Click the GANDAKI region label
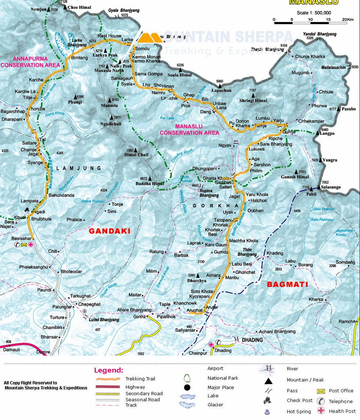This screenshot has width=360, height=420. pos(109,231)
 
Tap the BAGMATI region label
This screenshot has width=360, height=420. pos(287,284)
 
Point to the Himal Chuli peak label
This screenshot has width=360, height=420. pos(136,155)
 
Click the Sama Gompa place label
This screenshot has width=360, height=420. pos(145,74)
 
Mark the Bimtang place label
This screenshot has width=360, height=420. pos(80,58)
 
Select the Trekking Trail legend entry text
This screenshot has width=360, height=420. pos(140,379)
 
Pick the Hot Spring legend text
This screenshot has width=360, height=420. pos(299,411)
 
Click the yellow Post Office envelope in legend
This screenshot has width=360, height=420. pos(320,391)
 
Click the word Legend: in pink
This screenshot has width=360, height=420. pos(109,370)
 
